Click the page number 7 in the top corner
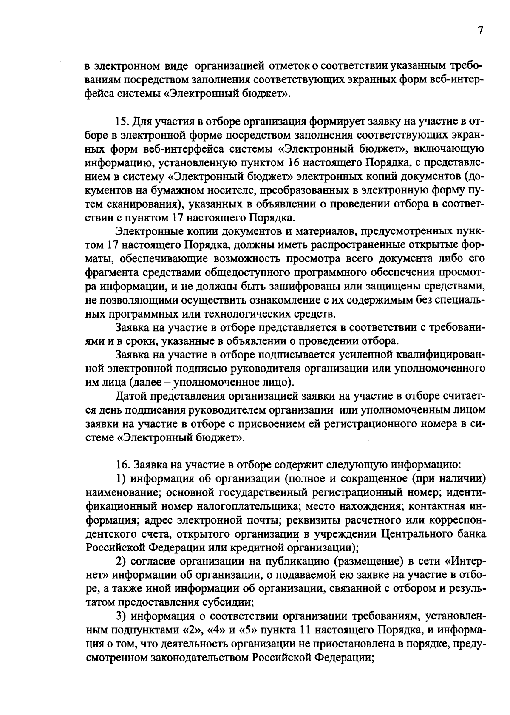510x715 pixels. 480,31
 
